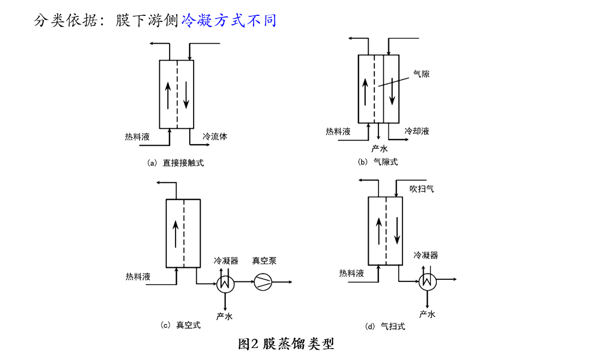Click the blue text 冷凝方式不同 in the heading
(229, 21)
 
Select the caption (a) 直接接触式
(176, 163)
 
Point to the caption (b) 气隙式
(377, 161)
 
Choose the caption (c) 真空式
(181, 325)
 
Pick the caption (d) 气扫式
(385, 326)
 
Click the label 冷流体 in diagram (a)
(215, 136)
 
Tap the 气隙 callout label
(422, 74)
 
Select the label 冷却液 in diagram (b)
(417, 131)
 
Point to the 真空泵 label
(264, 261)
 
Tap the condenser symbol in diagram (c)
(225, 282)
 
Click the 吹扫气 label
(422, 189)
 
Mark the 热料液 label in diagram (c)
(138, 277)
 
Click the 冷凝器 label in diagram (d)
(426, 255)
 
